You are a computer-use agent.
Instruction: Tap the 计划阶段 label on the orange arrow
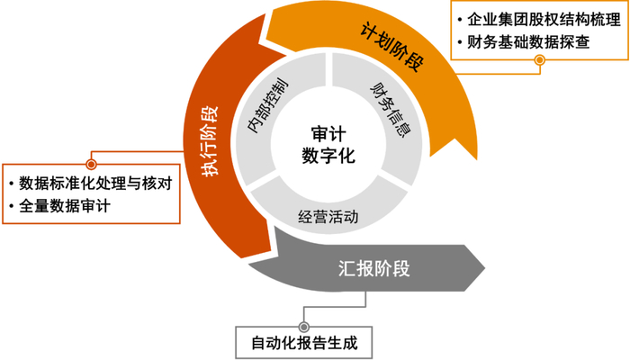[x=391, y=47]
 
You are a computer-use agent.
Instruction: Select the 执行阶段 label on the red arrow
[x=210, y=141]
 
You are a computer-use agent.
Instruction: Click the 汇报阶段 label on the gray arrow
[x=374, y=268]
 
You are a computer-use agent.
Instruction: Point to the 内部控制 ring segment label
[x=267, y=105]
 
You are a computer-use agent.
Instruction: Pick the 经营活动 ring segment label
[x=328, y=217]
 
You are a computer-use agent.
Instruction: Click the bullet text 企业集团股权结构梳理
[x=544, y=19]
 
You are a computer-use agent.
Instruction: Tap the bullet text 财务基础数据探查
[x=528, y=41]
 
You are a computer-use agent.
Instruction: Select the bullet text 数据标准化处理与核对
[x=95, y=184]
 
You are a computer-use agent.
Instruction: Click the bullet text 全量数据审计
[x=65, y=206]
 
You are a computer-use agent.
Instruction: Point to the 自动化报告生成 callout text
[x=304, y=343]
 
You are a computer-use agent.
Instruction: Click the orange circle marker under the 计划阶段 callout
[x=540, y=60]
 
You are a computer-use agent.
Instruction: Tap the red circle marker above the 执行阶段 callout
[x=92, y=164]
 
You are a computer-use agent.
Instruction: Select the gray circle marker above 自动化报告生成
[x=304, y=327]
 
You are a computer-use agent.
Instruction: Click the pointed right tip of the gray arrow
[x=485, y=267]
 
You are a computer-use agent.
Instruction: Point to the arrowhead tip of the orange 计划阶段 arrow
[x=476, y=159]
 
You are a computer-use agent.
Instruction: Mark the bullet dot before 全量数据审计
[x=11, y=206]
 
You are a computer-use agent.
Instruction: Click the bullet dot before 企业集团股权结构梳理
[x=460, y=19]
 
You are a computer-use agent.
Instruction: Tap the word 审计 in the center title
[x=328, y=134]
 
